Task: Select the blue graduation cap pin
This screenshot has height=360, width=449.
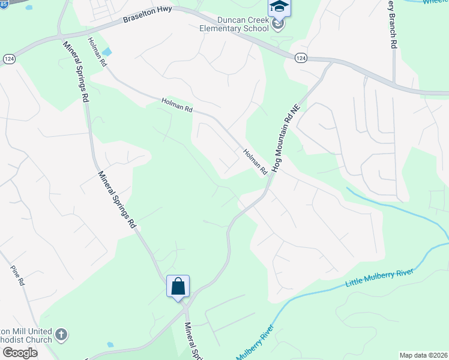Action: coord(279,8)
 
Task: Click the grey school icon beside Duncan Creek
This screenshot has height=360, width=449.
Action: coord(277,25)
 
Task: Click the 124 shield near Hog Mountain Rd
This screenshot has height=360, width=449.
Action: coord(301,58)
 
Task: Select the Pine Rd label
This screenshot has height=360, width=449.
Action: coord(17,275)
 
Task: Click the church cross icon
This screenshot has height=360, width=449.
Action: coord(61,334)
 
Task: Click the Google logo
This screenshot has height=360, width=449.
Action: coord(19,352)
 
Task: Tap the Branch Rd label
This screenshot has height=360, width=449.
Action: coord(393,23)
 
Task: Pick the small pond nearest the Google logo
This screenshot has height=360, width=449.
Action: coord(110,345)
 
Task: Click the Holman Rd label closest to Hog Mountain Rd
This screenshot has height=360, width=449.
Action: coord(255,162)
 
